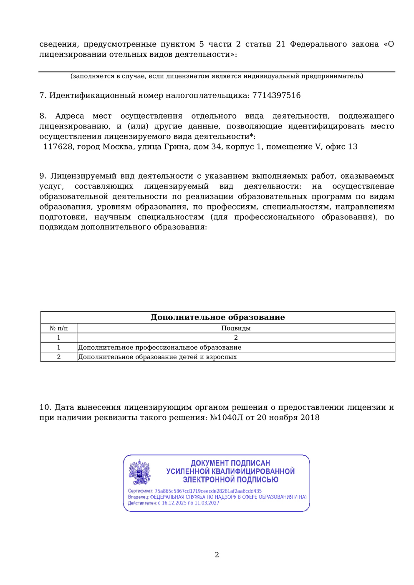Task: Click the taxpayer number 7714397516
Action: pos(276,96)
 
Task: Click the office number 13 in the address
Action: pos(353,147)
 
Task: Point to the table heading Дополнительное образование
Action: pos(217,318)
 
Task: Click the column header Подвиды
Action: pos(236,328)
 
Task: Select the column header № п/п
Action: pos(58,328)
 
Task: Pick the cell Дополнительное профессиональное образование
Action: pos(160,348)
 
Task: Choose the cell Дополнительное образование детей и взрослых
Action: pos(157,357)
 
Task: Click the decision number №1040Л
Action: pos(225,418)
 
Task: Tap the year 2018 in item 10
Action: pos(310,418)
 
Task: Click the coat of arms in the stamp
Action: pos(139,472)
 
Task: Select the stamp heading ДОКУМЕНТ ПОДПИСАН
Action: pos(230,463)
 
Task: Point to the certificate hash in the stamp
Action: pos(208,491)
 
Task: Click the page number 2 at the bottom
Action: pos(217,555)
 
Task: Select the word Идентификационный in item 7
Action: pos(80,96)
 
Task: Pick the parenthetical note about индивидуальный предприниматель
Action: pos(217,76)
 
